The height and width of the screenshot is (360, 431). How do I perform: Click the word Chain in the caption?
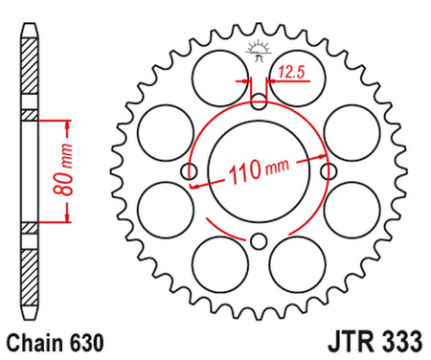click(32, 341)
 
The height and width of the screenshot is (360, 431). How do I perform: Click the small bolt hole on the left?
click(189, 171)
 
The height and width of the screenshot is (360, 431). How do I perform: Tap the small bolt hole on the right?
click(329, 171)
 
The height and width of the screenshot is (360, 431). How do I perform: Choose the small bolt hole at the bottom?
click(260, 241)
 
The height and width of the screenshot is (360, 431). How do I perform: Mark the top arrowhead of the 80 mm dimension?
click(67, 124)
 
